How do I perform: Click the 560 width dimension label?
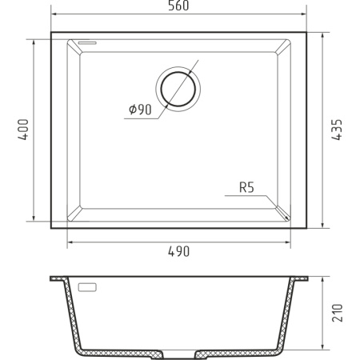[178, 7]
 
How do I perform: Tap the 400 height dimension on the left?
[23, 130]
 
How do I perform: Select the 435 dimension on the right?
[337, 130]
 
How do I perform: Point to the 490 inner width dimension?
[178, 251]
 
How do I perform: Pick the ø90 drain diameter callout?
[139, 110]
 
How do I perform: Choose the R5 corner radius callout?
[246, 189]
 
